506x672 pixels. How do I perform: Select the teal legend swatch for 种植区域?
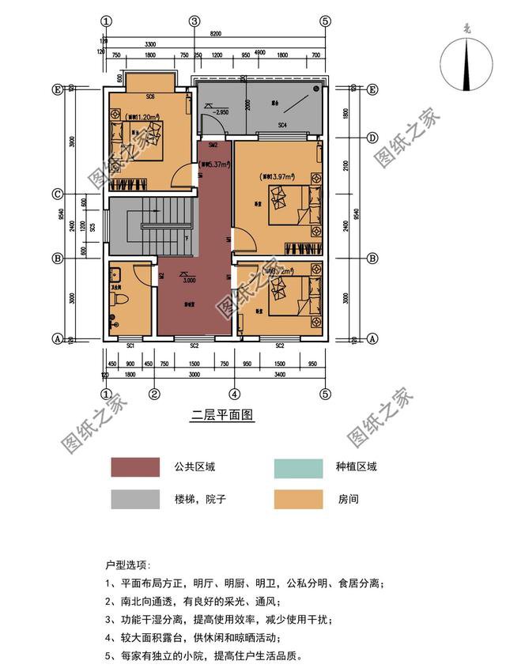pyautogui.click(x=298, y=467)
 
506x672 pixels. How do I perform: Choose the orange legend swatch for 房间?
pyautogui.click(x=298, y=500)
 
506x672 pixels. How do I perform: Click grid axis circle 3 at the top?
pyautogui.click(x=194, y=21)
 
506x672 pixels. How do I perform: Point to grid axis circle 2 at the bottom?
pyautogui.click(x=155, y=393)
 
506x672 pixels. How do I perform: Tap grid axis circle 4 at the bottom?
pyautogui.click(x=234, y=393)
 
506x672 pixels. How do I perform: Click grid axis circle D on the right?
pyautogui.click(x=372, y=138)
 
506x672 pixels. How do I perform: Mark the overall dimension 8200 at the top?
pyautogui.click(x=216, y=33)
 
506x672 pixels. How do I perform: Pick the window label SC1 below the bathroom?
pyautogui.click(x=130, y=345)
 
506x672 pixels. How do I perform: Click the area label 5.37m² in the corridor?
pyautogui.click(x=215, y=165)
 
